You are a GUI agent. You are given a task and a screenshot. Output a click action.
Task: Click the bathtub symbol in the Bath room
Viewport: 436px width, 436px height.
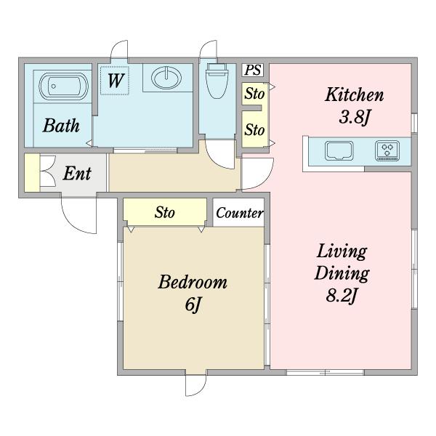64,86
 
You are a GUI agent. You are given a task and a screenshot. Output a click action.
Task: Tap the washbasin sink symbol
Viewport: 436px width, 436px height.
166,77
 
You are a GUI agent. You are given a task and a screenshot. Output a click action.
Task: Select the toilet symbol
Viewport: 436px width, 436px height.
217,81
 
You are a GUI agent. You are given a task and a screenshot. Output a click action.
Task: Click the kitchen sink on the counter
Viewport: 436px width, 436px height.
339,151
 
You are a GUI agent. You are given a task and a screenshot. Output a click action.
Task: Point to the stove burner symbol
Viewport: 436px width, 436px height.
387,150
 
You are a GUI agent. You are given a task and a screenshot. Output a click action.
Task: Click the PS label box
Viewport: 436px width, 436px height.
253,70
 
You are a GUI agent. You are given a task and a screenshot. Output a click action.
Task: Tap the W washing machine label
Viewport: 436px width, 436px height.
115,81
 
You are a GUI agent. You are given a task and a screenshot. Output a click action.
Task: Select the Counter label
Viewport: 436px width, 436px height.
239,213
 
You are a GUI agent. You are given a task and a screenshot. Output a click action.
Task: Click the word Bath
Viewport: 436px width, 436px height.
61,126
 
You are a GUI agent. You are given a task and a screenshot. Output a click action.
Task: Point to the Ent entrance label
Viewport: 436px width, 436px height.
77,174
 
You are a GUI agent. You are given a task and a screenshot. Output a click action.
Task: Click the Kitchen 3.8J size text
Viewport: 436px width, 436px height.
354,117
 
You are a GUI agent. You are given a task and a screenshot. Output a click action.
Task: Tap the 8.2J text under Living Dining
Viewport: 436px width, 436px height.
342,296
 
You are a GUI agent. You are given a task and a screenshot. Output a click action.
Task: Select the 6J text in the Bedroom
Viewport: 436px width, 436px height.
193,304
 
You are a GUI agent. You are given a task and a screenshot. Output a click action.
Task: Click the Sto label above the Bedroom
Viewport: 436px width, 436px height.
165,213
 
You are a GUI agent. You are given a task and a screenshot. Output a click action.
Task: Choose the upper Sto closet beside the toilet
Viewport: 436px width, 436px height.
254,94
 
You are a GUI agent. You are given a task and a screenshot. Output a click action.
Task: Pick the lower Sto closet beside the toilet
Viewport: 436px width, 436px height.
254,129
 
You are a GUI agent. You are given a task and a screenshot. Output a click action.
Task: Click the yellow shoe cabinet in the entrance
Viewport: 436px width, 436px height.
32,173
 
